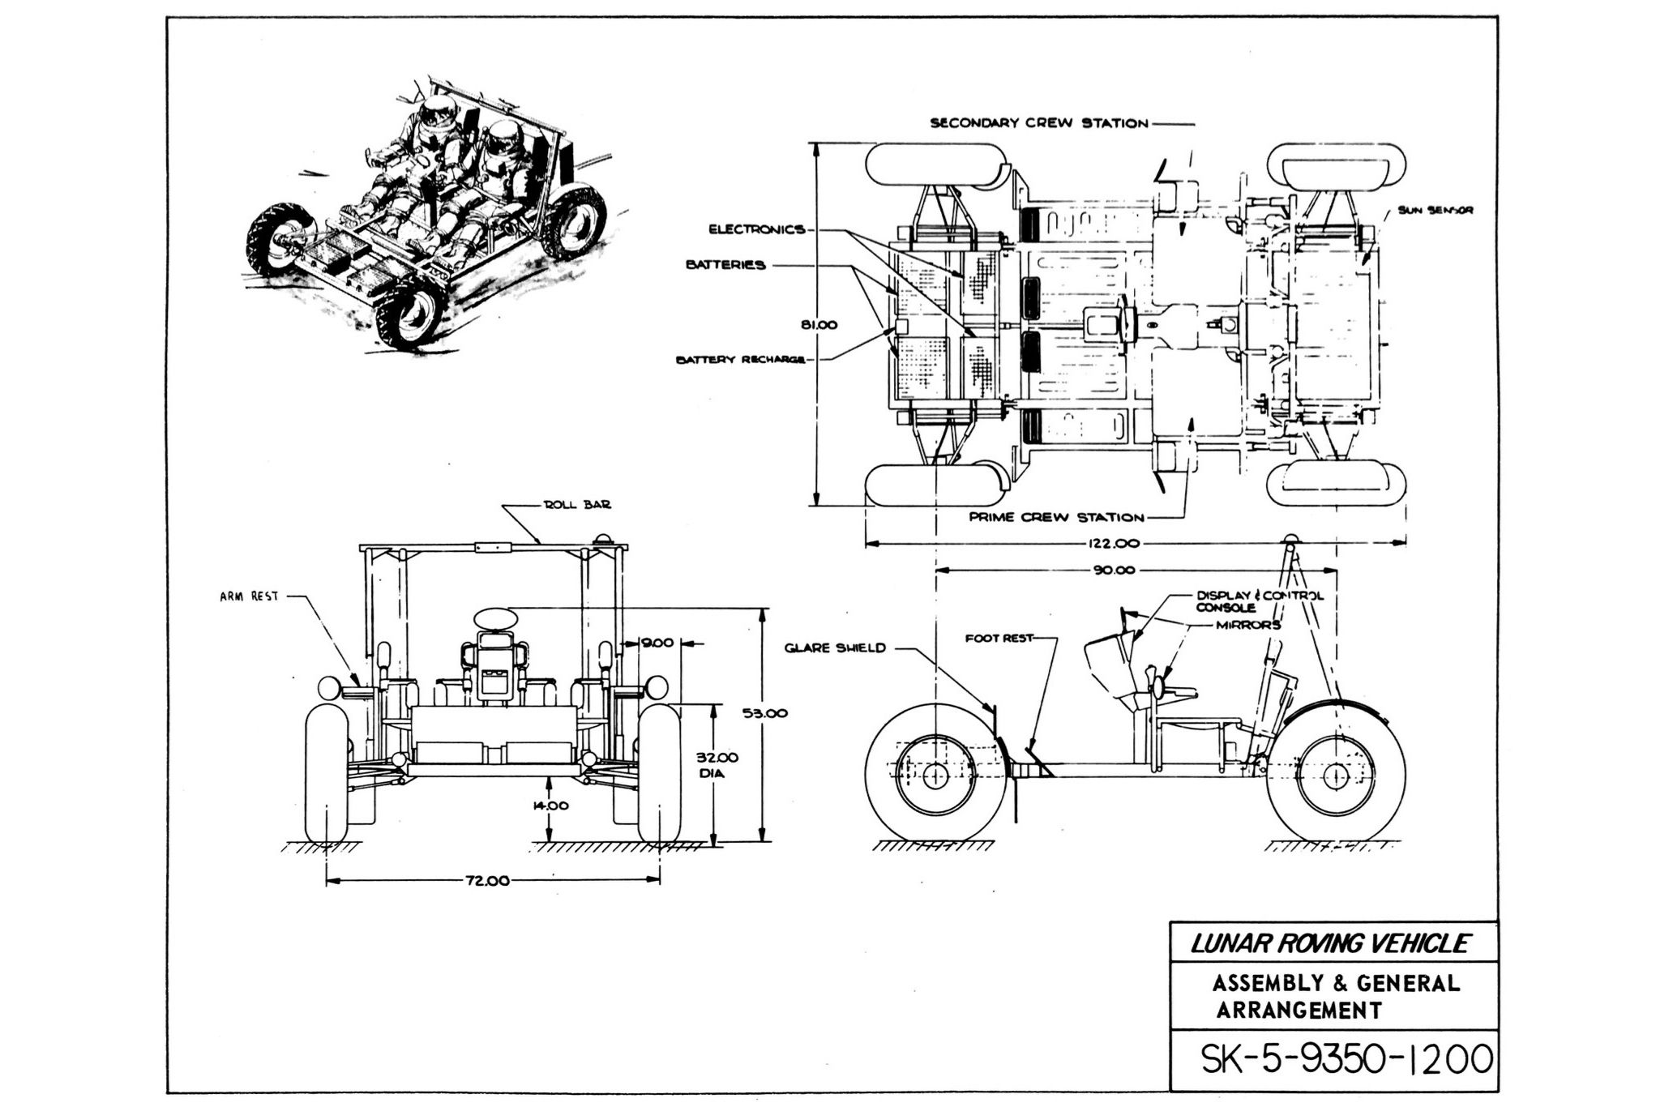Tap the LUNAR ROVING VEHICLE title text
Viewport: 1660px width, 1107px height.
tap(1329, 944)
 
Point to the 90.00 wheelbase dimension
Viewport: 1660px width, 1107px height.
tap(1114, 570)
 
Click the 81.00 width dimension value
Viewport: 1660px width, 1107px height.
tap(819, 325)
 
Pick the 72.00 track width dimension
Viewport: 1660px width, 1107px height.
tap(486, 881)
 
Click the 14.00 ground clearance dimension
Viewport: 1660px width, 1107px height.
tap(550, 806)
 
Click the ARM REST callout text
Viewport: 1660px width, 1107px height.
tap(249, 596)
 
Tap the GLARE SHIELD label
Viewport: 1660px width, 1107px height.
tap(835, 648)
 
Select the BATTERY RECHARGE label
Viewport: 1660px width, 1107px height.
tap(741, 360)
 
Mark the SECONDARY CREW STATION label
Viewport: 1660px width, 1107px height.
tap(1039, 124)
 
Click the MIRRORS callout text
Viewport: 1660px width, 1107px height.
tap(1248, 625)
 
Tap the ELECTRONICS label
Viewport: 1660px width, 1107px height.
tap(757, 229)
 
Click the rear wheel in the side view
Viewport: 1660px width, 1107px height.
tap(1334, 776)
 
